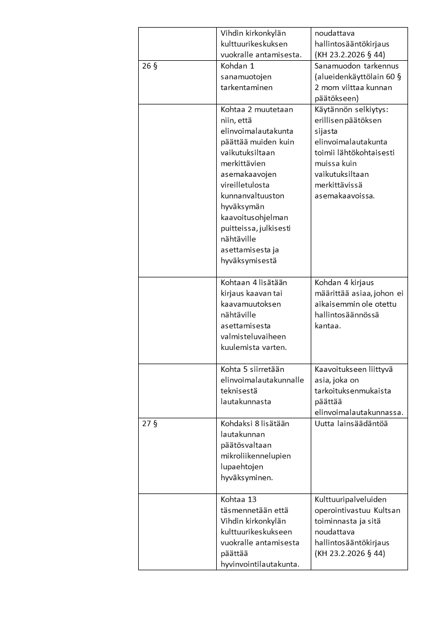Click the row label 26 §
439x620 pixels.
coord(150,65)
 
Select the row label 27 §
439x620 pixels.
coord(150,423)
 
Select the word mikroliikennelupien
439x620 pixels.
coord(255,456)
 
